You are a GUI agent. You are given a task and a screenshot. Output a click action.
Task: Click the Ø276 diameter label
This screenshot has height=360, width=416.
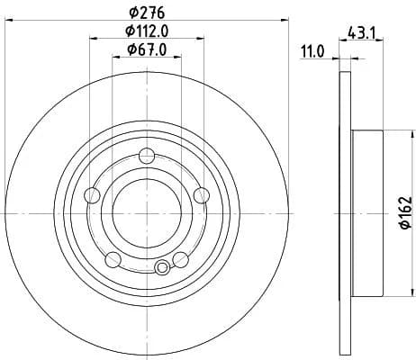coord(147,13)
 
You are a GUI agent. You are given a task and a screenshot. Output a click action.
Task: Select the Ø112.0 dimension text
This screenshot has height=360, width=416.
coord(147,31)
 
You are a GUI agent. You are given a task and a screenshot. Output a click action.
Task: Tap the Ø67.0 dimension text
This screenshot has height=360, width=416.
coord(147,49)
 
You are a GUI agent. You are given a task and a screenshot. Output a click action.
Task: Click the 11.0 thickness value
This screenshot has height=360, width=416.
coord(313,51)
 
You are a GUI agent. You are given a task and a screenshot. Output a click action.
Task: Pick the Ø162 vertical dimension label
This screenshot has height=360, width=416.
coord(406,213)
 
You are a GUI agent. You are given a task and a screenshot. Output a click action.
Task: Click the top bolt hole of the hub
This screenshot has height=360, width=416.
coord(147,156)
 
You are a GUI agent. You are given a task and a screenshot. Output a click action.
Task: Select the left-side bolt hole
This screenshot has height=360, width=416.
coord(92,195)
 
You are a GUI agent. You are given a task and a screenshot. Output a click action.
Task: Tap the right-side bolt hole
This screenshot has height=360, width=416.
coord(202,195)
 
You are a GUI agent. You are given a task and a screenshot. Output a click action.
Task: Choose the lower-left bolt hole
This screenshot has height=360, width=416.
coord(113,260)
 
